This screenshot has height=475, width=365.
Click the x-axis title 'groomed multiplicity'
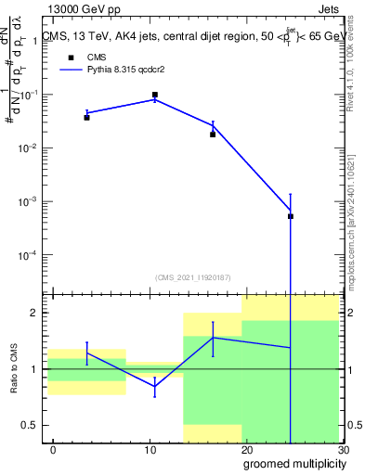[x=293, y=463]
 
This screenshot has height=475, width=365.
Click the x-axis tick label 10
[x=150, y=449]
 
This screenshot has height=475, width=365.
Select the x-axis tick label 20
[x=246, y=449]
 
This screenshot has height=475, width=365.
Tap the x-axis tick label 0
[x=53, y=449]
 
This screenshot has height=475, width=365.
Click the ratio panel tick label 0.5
[x=31, y=426]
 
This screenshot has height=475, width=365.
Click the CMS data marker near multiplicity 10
[x=154, y=95]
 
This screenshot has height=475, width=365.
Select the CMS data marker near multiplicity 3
[x=86, y=117]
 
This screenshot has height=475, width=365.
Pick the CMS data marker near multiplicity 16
[x=213, y=135]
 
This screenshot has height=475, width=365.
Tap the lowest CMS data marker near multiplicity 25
[x=291, y=216]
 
